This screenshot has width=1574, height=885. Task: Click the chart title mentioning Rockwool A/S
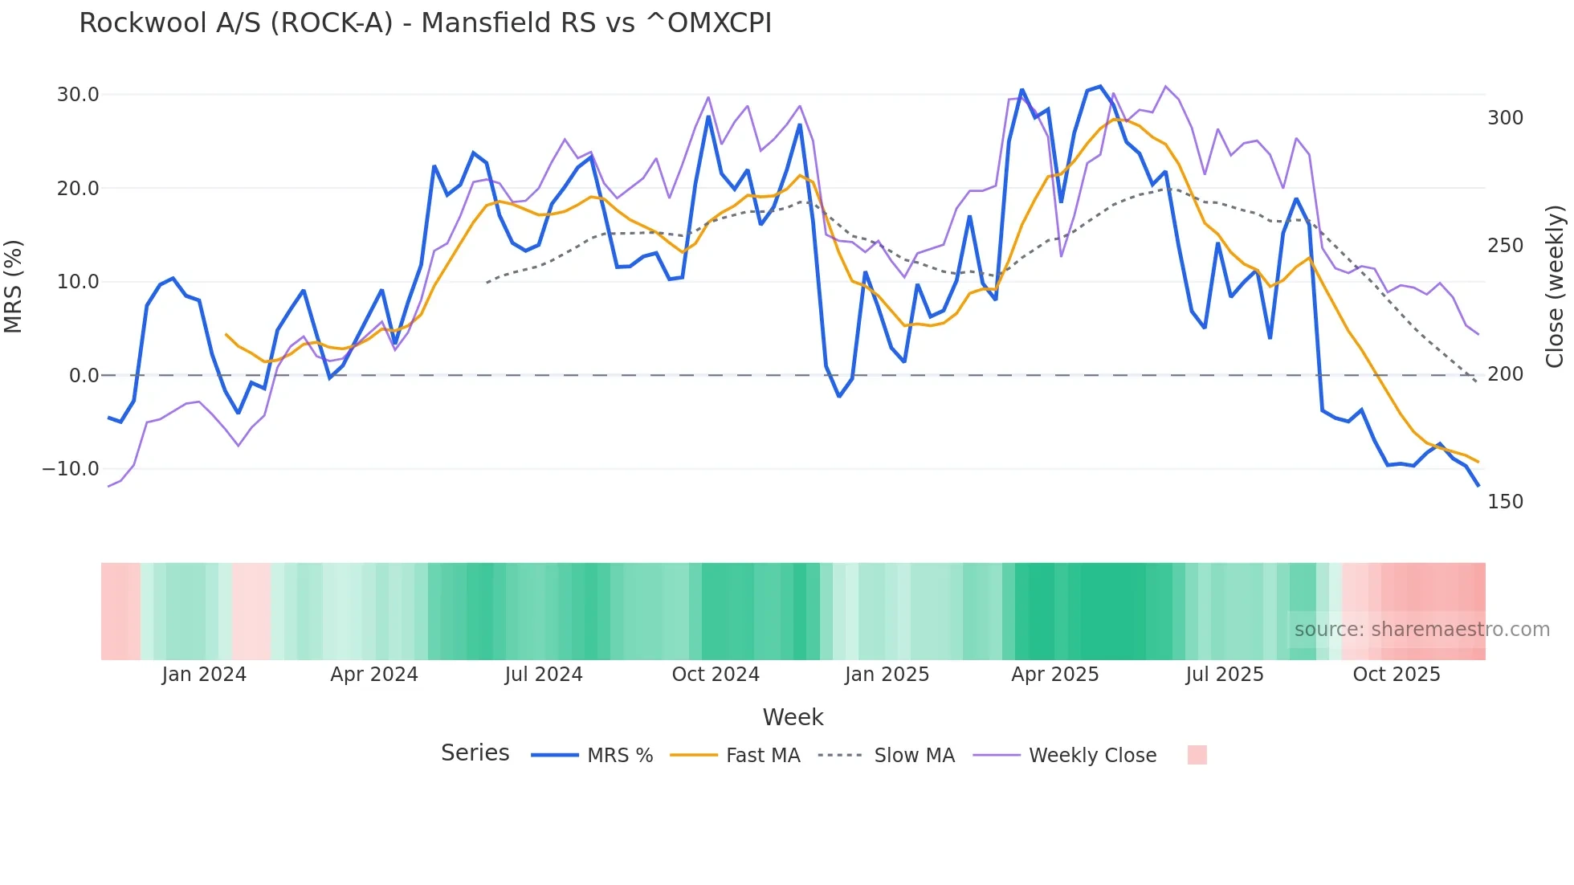425,23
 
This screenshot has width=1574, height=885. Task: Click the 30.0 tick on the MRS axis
78,95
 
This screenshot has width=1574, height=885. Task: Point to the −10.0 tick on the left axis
71,469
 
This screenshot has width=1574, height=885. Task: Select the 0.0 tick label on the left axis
84,376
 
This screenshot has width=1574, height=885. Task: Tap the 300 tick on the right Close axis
1505,118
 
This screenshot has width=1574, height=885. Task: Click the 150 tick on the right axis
1505,502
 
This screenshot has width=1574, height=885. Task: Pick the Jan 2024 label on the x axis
204,675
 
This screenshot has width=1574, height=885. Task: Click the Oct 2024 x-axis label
716,675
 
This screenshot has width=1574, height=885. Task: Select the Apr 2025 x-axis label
1054,675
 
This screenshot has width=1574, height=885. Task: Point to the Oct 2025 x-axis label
1397,675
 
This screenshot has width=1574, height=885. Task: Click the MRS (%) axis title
14,287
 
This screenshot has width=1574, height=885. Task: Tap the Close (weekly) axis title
1556,287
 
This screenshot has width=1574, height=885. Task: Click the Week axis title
793,717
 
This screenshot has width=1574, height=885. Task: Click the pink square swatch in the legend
1197,755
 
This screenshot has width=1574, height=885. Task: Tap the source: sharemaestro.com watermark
1421,630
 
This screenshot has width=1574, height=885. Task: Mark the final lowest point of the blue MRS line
1478,485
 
